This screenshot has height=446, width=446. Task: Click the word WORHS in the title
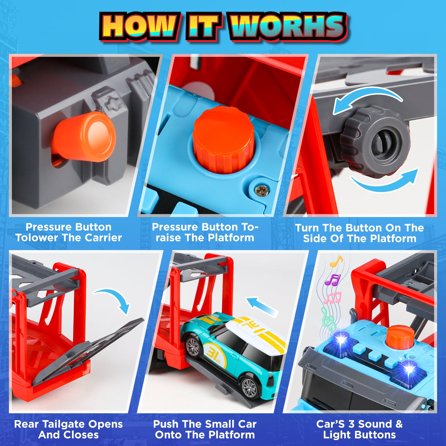click(x=288, y=26)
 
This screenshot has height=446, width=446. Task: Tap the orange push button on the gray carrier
click(x=84, y=137)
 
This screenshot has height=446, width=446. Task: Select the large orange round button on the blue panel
click(x=224, y=140)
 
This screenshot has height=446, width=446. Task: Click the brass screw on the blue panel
click(x=262, y=190)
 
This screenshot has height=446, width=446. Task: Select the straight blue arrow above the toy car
click(x=262, y=306)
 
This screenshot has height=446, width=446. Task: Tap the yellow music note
click(x=336, y=261)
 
